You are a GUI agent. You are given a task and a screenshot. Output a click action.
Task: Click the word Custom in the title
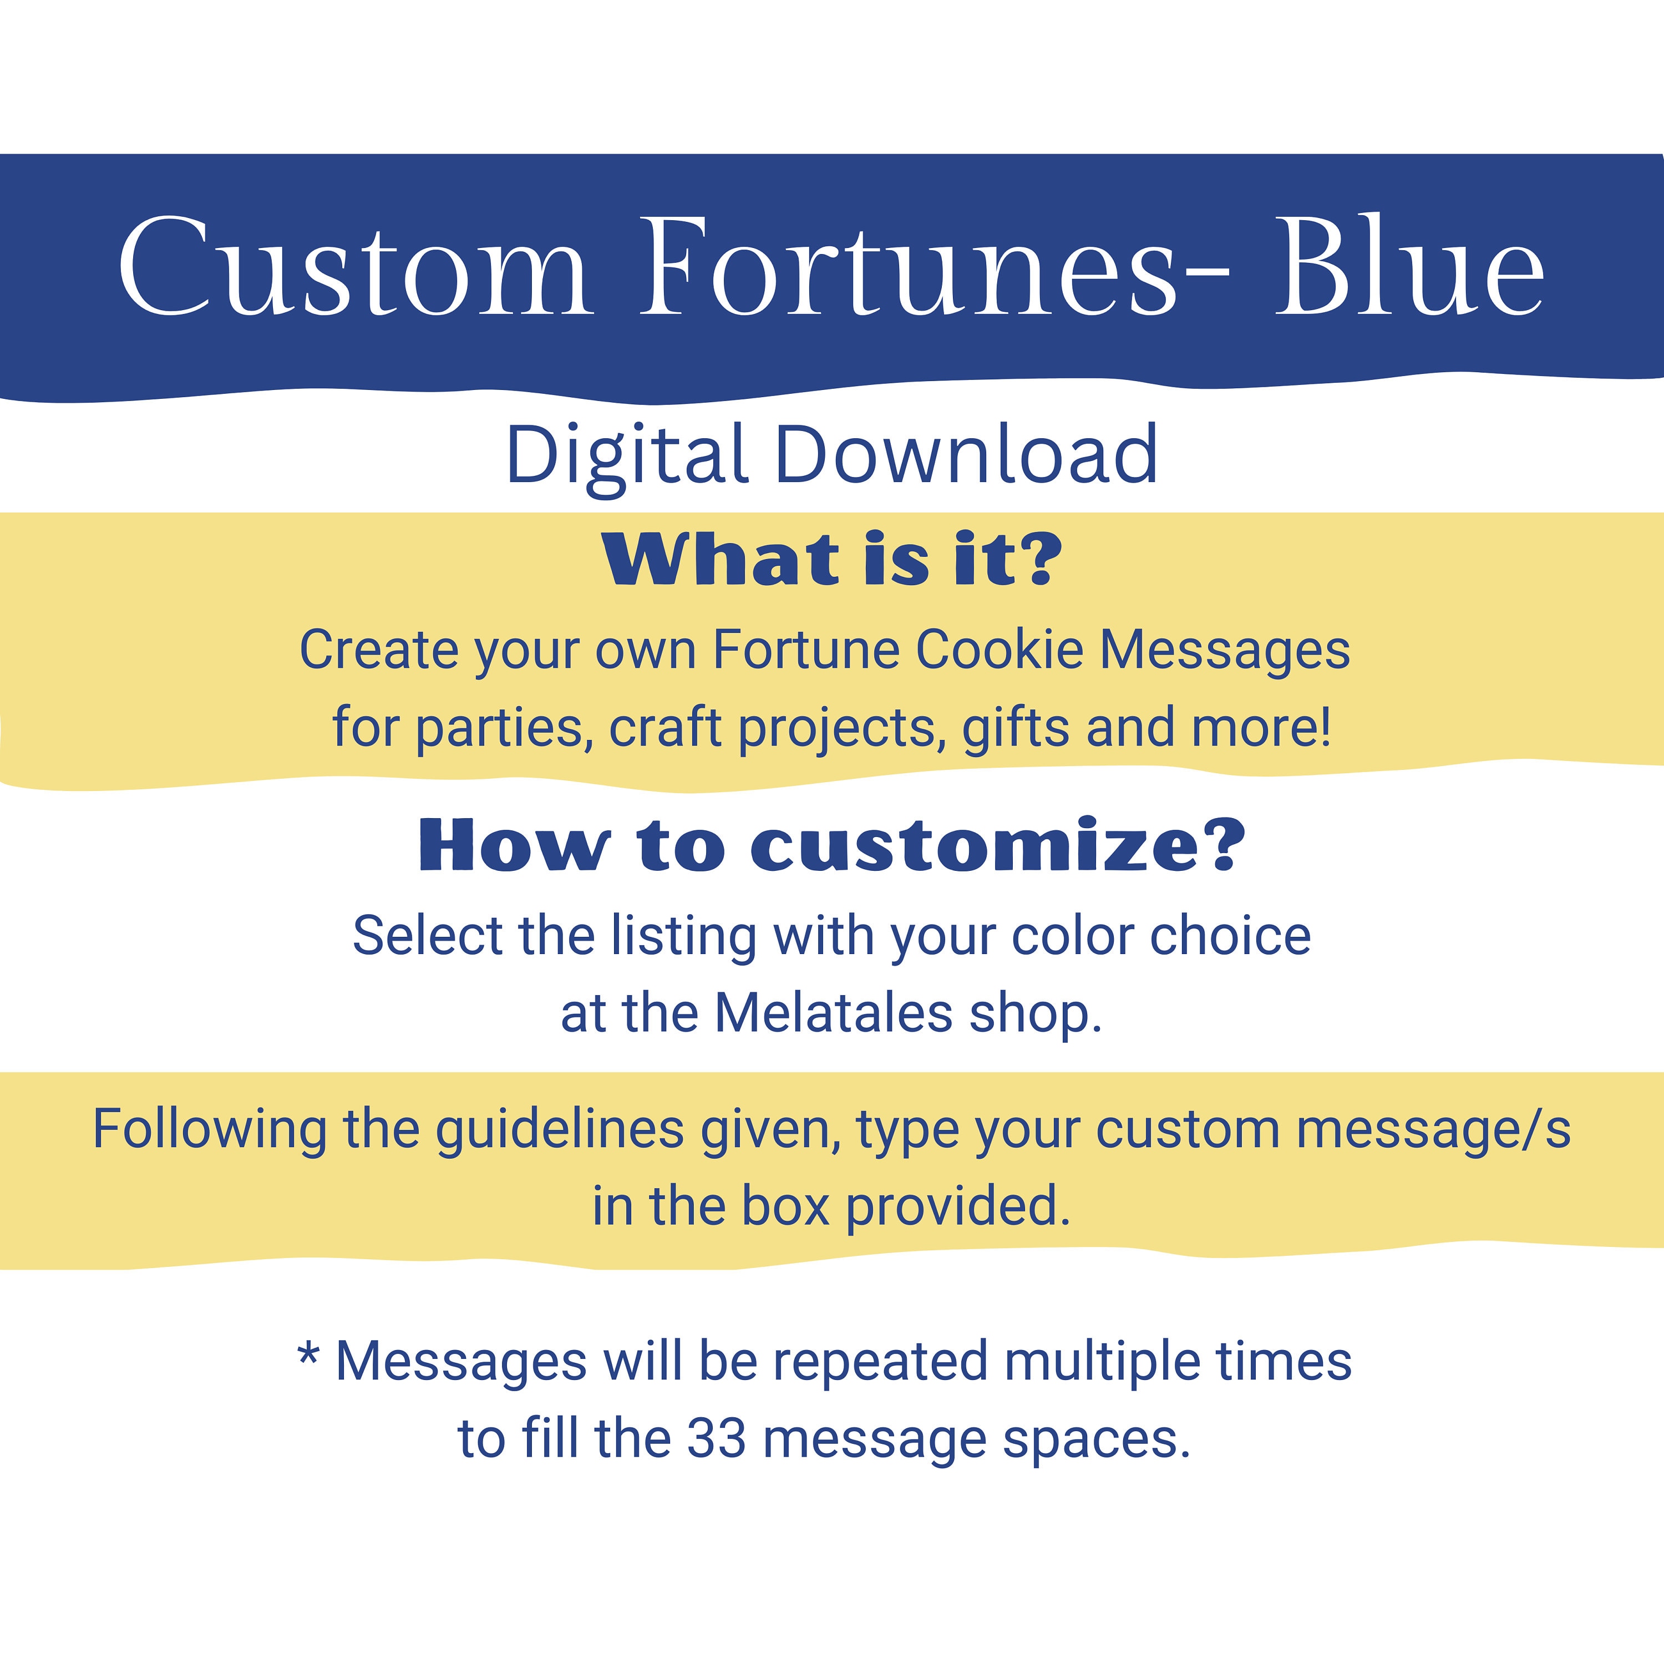[x=355, y=267]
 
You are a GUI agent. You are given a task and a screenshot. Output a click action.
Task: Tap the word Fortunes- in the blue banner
[x=935, y=267]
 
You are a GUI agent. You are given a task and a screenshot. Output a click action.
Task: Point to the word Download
[x=966, y=455]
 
